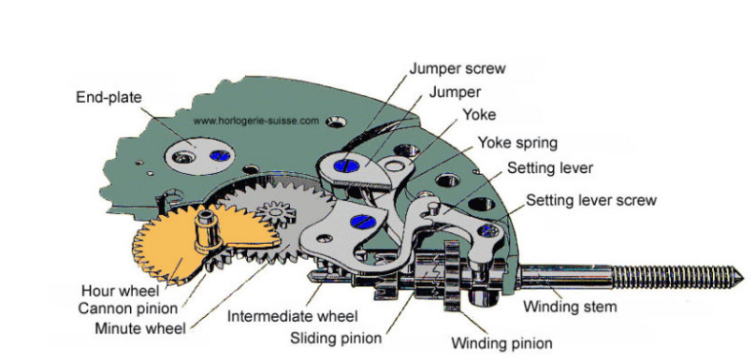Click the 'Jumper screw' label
(x=458, y=69)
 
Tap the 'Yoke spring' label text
(x=517, y=143)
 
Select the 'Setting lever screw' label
(x=591, y=200)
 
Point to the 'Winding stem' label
(x=570, y=307)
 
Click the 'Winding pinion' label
(x=502, y=343)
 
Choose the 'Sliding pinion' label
(x=336, y=338)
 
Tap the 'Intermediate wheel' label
(x=293, y=317)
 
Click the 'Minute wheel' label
(x=139, y=328)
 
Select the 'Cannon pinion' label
(x=128, y=308)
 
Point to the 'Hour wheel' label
(x=120, y=291)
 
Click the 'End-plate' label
(x=109, y=97)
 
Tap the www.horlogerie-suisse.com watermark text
(x=256, y=121)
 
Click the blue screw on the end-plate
(x=220, y=155)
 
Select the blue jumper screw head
(x=347, y=166)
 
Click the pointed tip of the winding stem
(x=742, y=278)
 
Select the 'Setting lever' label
(x=549, y=168)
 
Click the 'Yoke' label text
(x=479, y=115)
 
